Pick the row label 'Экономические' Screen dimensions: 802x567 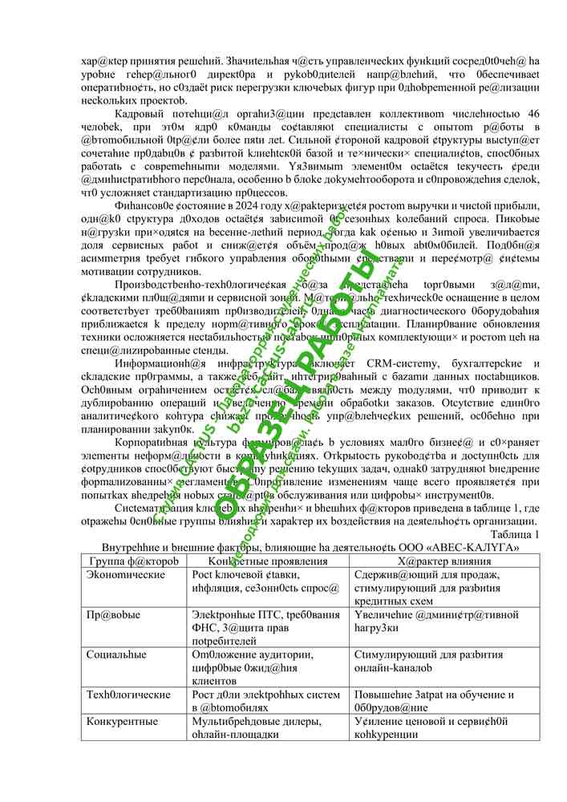pos(120,575)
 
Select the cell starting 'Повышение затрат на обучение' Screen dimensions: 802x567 pos(433,700)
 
